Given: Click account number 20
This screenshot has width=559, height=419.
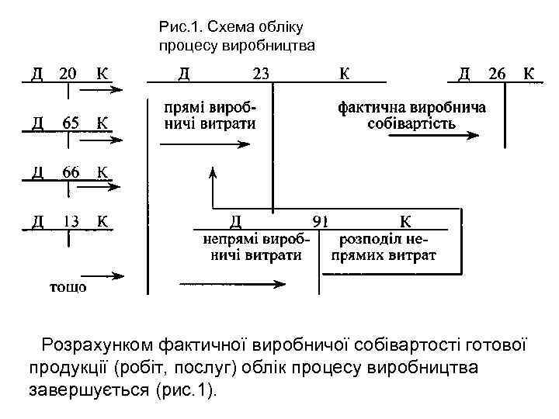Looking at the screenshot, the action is point(68,74).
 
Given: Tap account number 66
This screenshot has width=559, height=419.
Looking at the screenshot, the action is point(70,171).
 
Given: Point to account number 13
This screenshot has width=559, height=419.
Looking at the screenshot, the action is point(70,220).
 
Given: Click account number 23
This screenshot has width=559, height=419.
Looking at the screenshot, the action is point(262,74).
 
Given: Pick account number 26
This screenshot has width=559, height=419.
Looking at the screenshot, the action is point(497,74).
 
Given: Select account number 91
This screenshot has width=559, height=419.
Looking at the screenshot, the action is point(320,221).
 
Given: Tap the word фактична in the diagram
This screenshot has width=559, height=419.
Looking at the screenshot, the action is point(367,107).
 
